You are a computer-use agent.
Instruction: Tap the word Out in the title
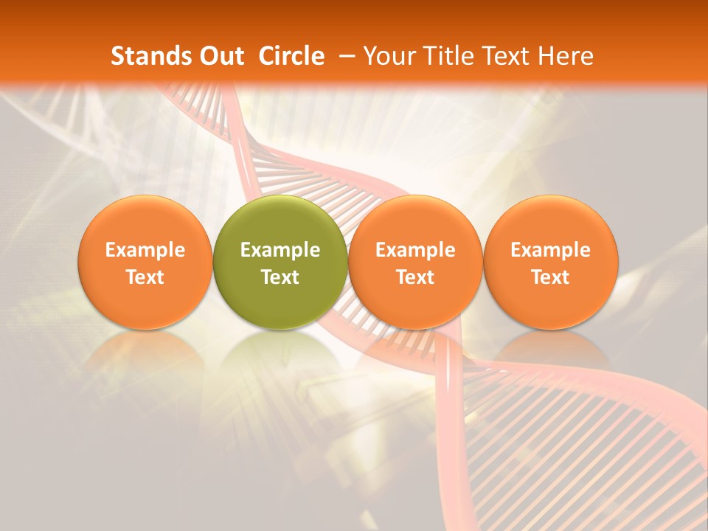(x=222, y=56)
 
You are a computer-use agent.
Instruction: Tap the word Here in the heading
(x=566, y=56)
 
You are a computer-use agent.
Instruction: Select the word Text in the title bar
(x=508, y=56)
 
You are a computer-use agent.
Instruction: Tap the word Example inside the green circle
(x=280, y=250)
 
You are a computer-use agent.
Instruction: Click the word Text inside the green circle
(x=280, y=277)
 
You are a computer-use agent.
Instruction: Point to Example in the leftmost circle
(x=145, y=250)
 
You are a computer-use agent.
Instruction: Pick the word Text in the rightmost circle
(x=550, y=277)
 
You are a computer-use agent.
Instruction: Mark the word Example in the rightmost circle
(x=550, y=250)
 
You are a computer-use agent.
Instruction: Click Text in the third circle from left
(x=415, y=277)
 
